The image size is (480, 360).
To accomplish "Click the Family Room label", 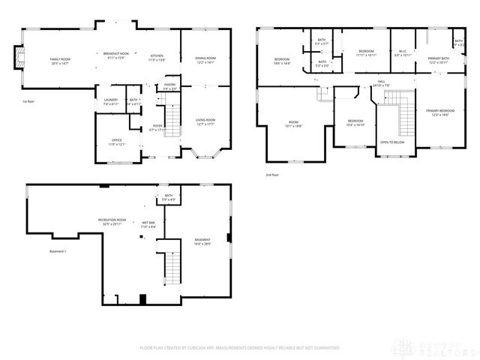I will (x=59, y=60).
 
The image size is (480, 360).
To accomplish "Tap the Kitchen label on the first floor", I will (x=157, y=58).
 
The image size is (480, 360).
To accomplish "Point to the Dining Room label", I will (x=205, y=59).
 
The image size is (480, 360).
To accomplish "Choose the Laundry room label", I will (x=110, y=100).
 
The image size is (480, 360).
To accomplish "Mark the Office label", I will (x=117, y=140).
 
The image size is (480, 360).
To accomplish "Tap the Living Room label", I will (x=205, y=121).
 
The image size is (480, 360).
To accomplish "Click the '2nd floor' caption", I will (x=271, y=175).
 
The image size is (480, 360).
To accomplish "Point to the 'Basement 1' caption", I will (x=58, y=250).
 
